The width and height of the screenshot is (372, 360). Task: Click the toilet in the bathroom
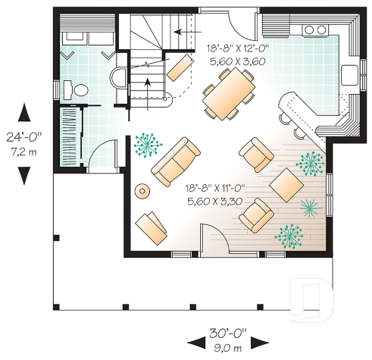coord(77,89)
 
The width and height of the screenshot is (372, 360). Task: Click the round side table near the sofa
coord(142,190)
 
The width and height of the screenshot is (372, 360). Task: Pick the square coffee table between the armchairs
coord(286,184)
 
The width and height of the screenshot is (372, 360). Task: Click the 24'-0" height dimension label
coord(25,139)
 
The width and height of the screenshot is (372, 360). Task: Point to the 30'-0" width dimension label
coord(227,334)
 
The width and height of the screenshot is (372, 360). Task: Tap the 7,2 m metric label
coord(25,152)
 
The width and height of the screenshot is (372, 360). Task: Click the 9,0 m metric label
coord(227,347)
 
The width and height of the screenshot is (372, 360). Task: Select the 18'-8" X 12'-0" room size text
coord(236,48)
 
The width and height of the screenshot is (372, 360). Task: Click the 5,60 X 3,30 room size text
coord(214,202)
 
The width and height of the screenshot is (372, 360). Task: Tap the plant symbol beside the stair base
coord(144,141)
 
